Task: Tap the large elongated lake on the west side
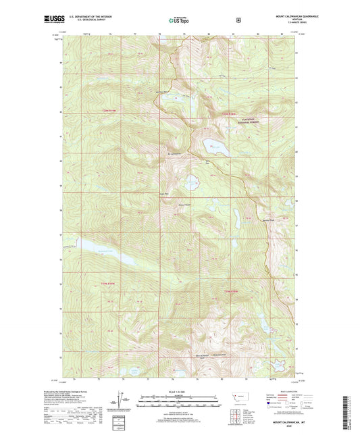107,250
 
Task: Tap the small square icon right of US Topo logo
238,20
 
